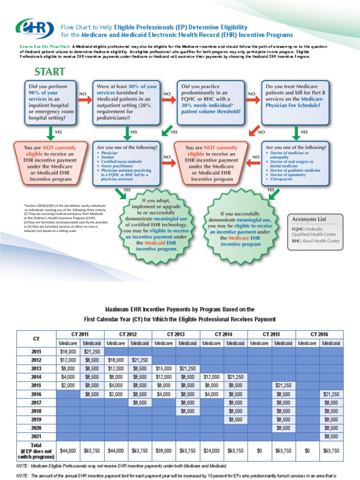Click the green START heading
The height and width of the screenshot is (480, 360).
[49, 72]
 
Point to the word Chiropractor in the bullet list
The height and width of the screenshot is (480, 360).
[281, 180]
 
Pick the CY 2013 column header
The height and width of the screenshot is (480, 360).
[176, 334]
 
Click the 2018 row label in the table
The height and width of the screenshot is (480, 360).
[36, 411]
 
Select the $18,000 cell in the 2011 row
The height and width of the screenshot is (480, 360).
[68, 352]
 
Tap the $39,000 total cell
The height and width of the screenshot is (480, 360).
[164, 450]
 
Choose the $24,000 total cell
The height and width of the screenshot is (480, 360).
[212, 450]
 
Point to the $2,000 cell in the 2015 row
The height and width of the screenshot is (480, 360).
[68, 385]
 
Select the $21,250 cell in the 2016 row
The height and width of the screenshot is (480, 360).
[331, 394]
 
